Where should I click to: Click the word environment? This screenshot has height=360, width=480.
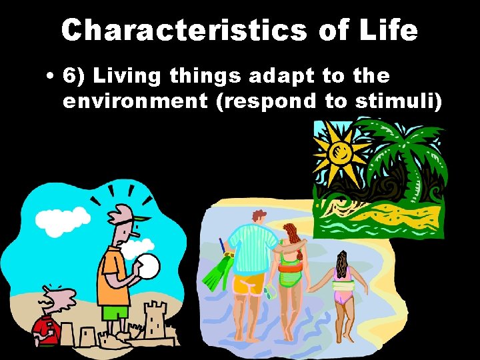tap(134, 102)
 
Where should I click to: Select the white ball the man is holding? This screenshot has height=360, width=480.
tap(148, 267)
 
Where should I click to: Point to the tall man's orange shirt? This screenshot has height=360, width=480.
tap(110, 277)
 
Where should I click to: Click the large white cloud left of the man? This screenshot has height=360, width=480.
tap(61, 220)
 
